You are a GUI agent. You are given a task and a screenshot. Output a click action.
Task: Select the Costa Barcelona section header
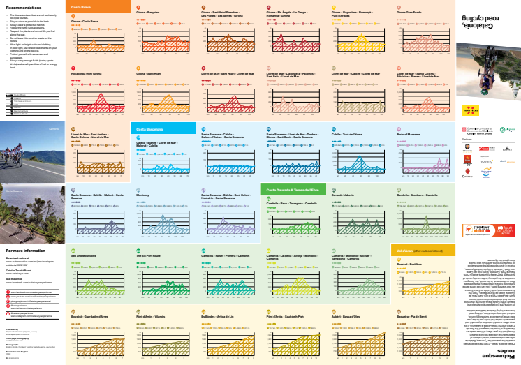[x=145, y=130]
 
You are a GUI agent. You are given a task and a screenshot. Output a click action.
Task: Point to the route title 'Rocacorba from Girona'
[x=87, y=73]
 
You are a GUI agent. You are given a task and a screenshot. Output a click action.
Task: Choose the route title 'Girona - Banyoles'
[x=149, y=13]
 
